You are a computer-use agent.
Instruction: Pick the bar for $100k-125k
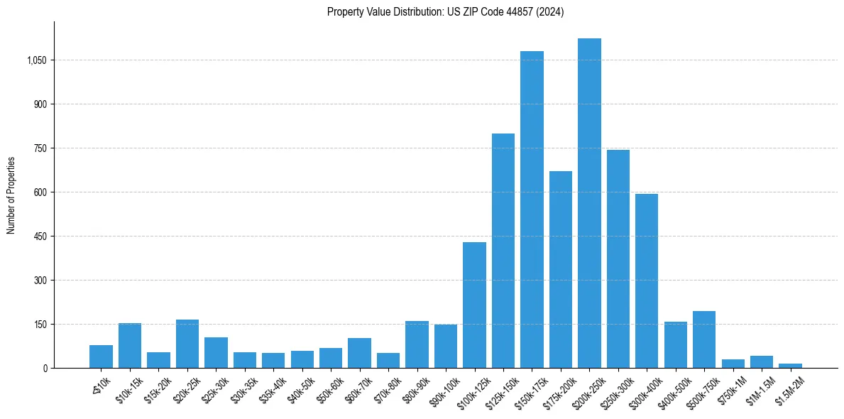coord(474,305)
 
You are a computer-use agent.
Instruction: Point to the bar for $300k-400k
coord(647,281)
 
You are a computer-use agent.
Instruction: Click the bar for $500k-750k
coord(704,339)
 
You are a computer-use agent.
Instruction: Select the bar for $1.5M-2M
coord(790,365)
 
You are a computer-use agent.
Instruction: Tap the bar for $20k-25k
coord(187,344)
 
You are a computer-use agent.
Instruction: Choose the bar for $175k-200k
coord(561,269)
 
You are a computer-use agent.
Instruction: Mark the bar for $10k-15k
coord(130,345)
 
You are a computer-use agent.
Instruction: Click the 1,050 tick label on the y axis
coord(36,60)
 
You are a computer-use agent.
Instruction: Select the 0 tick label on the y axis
coord(45,368)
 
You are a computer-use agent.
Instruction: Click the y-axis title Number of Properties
coord(11,195)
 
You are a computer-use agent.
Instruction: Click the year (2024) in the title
coord(550,12)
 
